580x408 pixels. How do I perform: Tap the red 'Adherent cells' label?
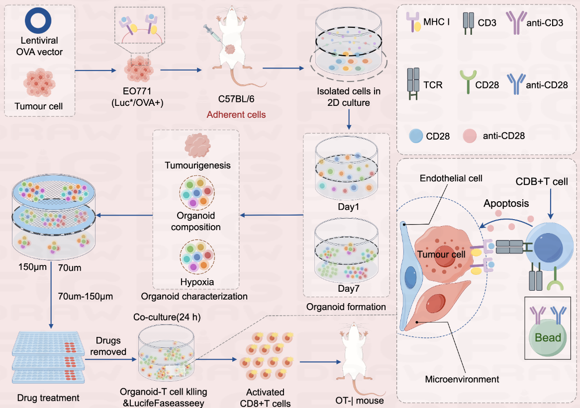point(237,115)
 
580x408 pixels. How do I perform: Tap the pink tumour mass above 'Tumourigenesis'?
point(198,146)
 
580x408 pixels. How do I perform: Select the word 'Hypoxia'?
point(197,282)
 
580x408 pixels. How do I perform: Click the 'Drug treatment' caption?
point(48,398)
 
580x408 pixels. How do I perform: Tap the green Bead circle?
point(548,337)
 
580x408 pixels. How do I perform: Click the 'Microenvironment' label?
point(462,380)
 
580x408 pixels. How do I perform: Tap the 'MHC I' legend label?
point(437,22)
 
